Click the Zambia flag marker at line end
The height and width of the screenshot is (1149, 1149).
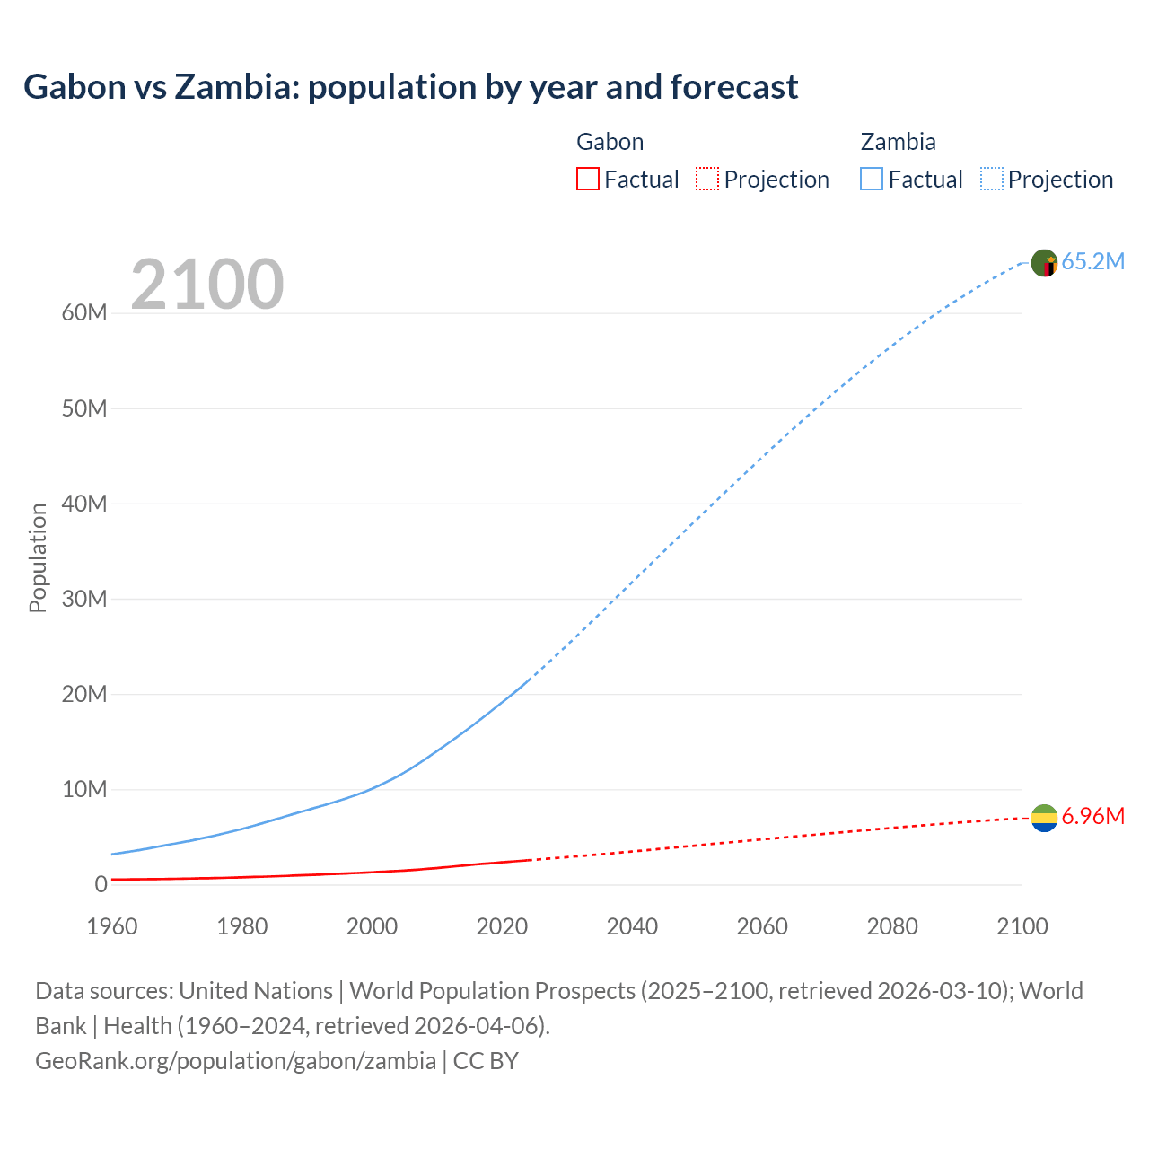pos(1044,263)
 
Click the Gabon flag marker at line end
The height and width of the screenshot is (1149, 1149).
pos(1044,818)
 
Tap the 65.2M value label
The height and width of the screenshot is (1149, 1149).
pos(1092,261)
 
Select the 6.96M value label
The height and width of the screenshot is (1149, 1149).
pos(1092,816)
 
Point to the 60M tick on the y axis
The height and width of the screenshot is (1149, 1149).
pos(84,313)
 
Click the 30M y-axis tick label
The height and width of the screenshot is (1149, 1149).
pos(84,599)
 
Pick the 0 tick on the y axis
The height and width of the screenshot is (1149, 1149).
pos(101,884)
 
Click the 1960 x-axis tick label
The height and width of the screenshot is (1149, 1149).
pos(112,926)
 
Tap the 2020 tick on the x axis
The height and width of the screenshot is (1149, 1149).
pos(502,926)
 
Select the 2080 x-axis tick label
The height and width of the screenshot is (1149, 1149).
pos(891,926)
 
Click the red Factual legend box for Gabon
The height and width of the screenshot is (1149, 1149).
pos(587,179)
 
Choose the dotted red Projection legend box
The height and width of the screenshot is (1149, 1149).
pos(707,179)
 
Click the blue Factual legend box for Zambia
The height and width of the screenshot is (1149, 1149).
pos(871,179)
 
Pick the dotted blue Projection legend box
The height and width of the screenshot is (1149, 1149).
pos(991,179)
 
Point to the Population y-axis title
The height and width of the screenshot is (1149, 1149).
pos(38,557)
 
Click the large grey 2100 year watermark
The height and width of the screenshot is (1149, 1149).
pos(206,285)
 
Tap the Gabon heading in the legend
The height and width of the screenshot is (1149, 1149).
pos(610,142)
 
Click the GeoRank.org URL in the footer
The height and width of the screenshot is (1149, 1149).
pos(235,1060)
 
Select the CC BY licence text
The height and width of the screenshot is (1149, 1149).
pos(486,1060)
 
